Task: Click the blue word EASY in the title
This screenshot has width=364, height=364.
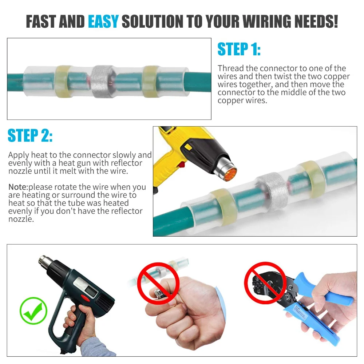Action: point(103,21)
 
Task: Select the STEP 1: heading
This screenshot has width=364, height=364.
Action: point(239,49)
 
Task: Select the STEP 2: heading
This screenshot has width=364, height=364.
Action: point(30,135)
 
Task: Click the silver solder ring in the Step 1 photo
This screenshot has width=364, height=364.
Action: point(102,82)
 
